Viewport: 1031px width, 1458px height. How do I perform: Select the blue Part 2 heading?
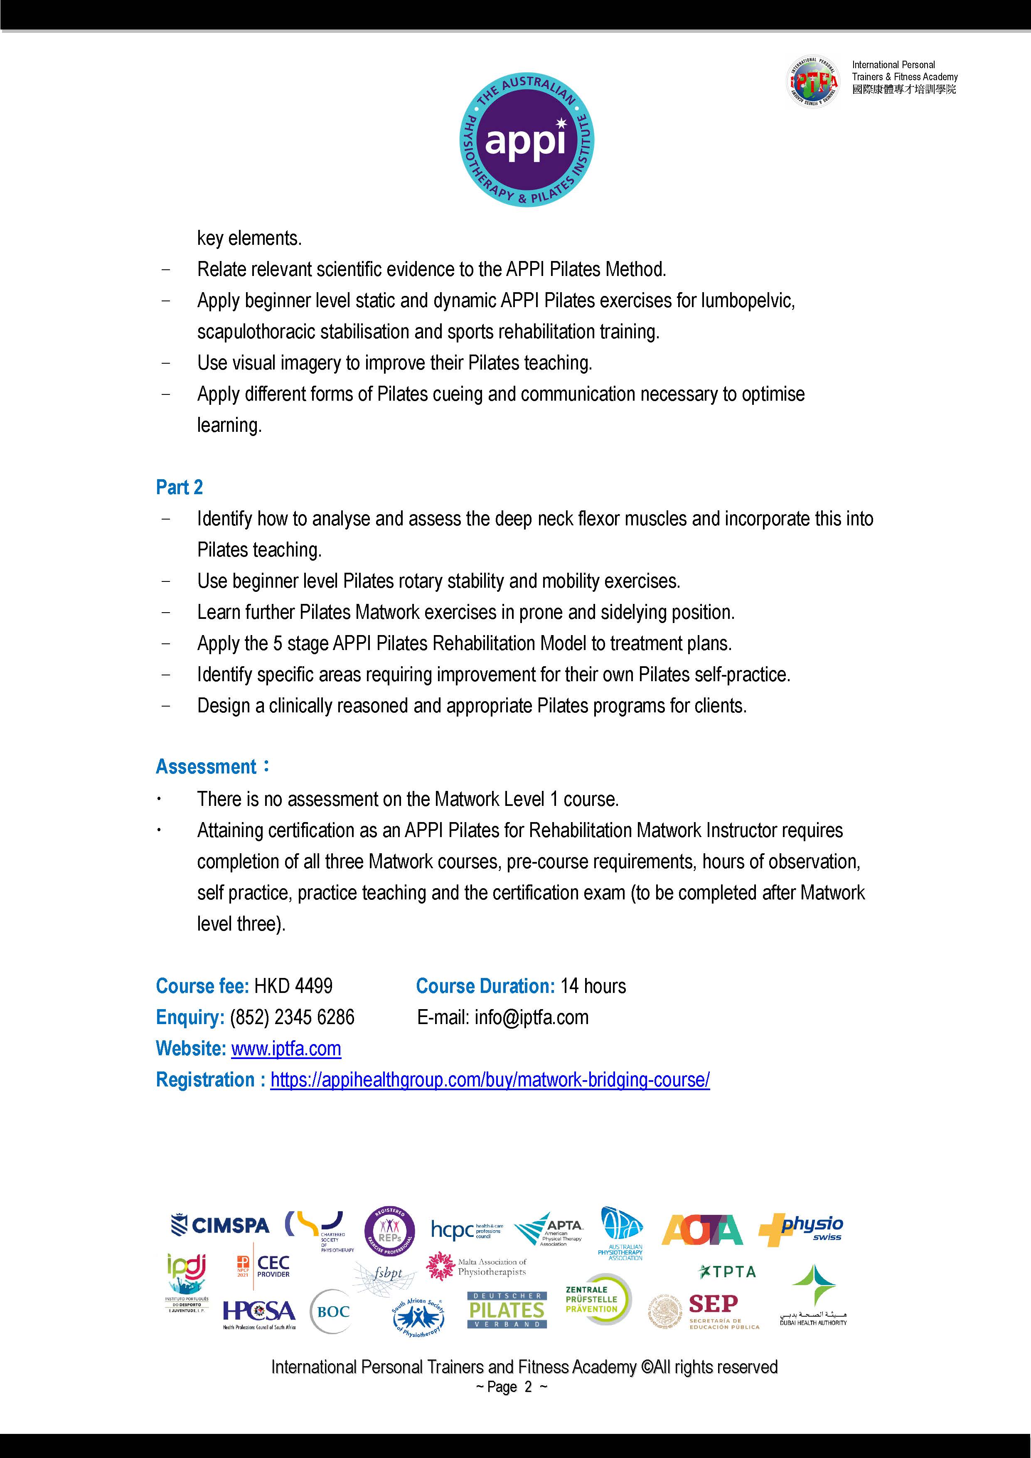pyautogui.click(x=179, y=487)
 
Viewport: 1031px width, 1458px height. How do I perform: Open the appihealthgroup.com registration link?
pyautogui.click(x=490, y=1079)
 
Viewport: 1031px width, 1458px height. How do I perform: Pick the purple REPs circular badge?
pyautogui.click(x=390, y=1231)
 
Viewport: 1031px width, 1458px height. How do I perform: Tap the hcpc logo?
pyautogui.click(x=467, y=1230)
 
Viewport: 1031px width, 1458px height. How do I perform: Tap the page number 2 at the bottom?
pyautogui.click(x=528, y=1387)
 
